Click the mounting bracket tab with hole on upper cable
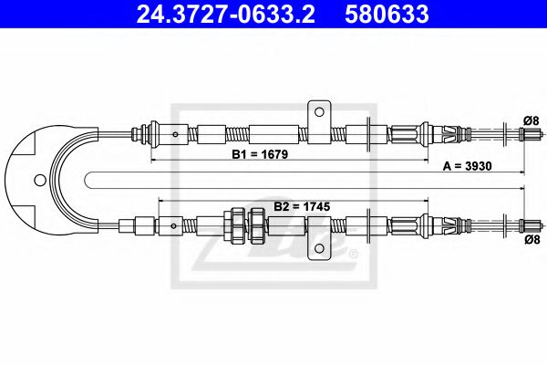click(318, 117)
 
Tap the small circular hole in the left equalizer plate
click(39, 178)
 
